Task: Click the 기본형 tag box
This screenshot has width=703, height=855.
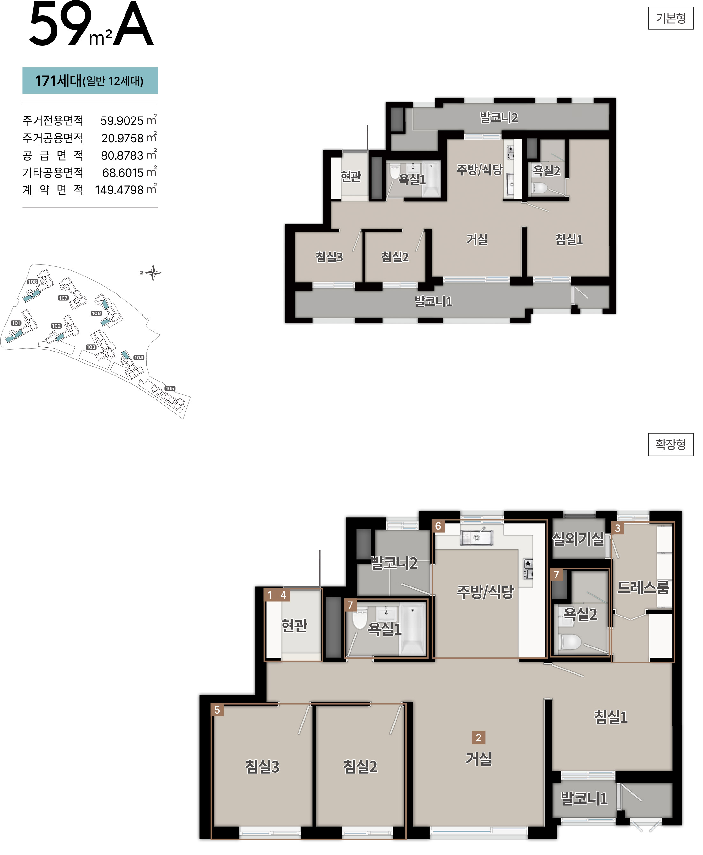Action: pos(671,18)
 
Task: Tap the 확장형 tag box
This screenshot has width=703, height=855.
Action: pos(671,444)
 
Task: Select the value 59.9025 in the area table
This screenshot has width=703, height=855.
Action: pos(122,121)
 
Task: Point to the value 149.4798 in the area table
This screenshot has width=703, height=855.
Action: pos(119,190)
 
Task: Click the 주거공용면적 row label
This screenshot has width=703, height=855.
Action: pos(53,138)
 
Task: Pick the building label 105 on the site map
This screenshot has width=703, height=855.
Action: pos(170,388)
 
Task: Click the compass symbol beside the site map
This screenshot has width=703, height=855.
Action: pos(152,273)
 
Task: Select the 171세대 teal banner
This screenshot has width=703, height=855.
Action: pos(90,80)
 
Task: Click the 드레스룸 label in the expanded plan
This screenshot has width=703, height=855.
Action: pos(643,588)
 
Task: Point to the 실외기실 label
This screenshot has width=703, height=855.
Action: pos(578,539)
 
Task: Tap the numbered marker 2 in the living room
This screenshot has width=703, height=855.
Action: pos(479,738)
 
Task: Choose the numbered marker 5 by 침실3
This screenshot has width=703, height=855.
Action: pos(217,710)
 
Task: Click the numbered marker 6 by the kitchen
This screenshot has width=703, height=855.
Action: pos(438,526)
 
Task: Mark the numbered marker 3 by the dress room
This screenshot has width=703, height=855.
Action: pos(617,528)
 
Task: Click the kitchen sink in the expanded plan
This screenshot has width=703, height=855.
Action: pos(476,537)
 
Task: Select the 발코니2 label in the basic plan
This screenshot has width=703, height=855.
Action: pos(499,117)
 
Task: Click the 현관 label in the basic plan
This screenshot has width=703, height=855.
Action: pos(351,176)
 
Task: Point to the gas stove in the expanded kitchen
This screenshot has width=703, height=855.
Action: pos(528,569)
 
